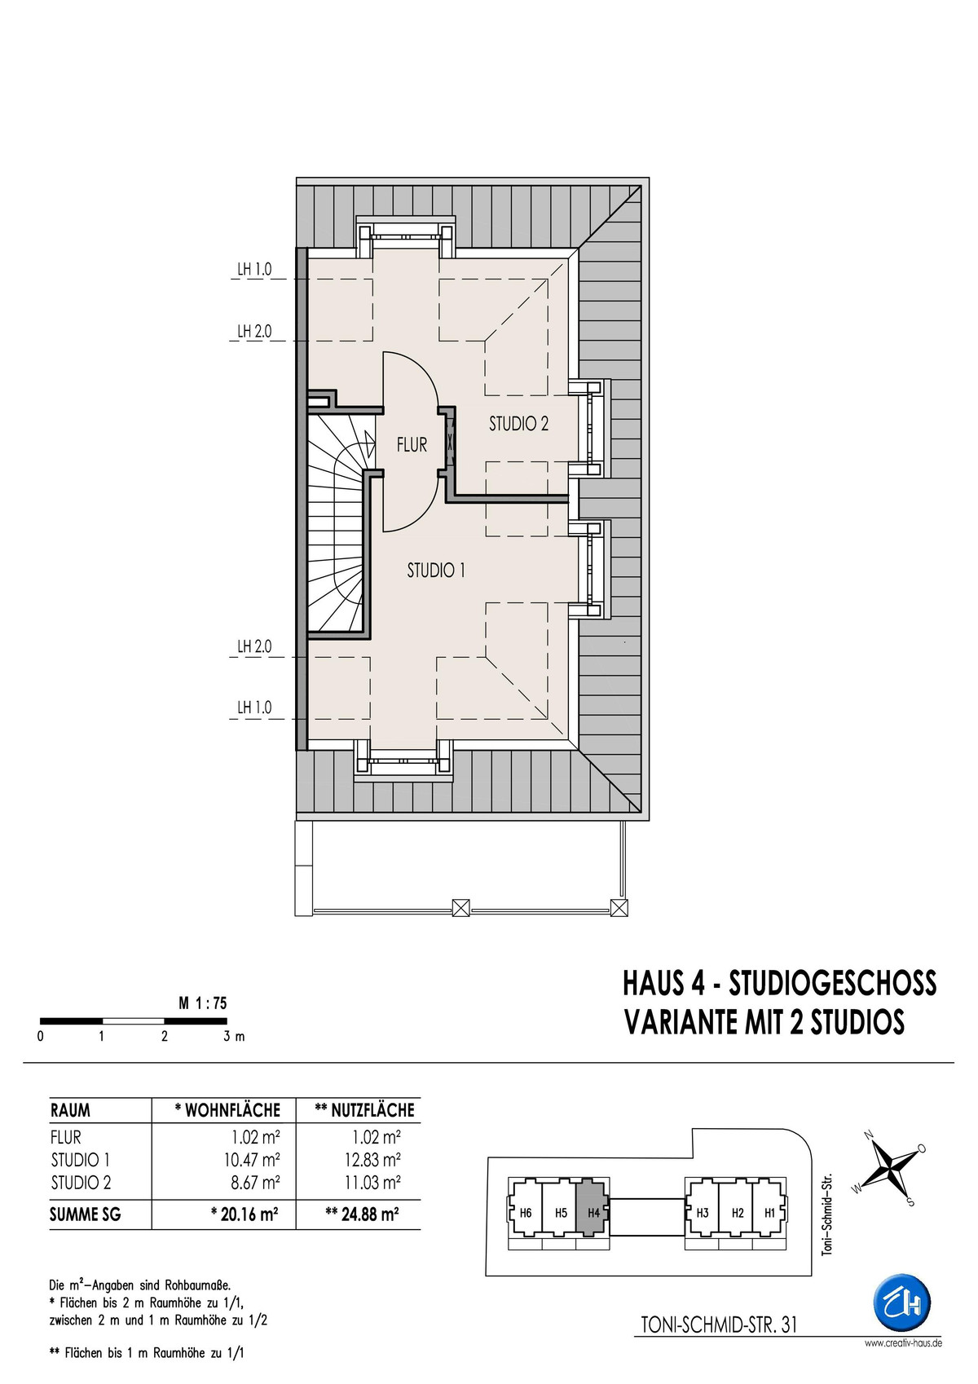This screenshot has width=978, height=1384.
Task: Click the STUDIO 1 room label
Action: pyautogui.click(x=435, y=571)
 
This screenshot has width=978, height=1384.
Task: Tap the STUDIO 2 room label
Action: pyautogui.click(x=519, y=424)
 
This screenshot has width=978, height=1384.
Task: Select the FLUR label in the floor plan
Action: pyautogui.click(x=412, y=444)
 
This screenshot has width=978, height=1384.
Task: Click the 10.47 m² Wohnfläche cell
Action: pyautogui.click(x=252, y=1158)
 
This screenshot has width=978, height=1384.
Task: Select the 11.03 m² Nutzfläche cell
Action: pyautogui.click(x=373, y=1182)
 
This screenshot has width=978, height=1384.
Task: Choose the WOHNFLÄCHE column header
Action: pyautogui.click(x=227, y=1110)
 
